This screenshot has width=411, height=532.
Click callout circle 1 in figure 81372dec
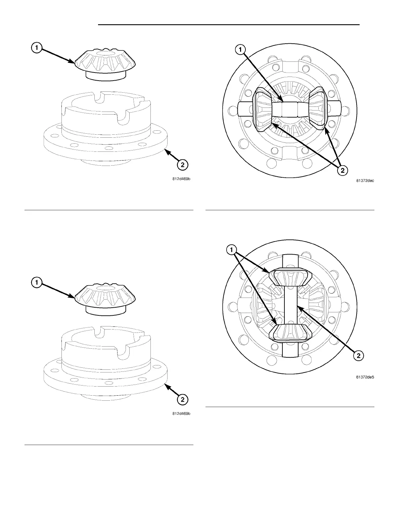click(x=240, y=50)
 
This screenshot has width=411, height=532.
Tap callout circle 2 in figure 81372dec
click(x=342, y=170)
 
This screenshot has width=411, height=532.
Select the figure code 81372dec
click(x=365, y=181)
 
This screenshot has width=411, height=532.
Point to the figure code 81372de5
click(x=365, y=377)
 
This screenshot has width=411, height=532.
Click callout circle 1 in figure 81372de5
click(x=231, y=250)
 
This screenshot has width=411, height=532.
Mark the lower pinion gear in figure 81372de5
click(x=291, y=332)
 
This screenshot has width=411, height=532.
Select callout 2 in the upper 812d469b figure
click(x=182, y=165)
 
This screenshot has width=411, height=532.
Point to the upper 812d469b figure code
click(x=181, y=179)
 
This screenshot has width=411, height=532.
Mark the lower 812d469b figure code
click(x=181, y=414)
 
